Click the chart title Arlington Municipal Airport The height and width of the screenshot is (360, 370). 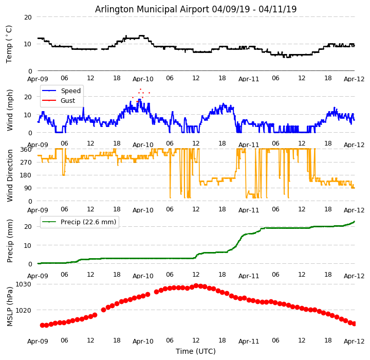(196, 9)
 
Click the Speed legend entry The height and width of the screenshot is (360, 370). (70, 91)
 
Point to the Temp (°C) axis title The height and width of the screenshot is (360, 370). (9, 44)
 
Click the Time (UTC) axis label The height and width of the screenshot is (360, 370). (196, 351)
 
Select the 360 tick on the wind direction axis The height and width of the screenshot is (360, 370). (26, 149)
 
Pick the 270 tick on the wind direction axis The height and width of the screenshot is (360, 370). (26, 162)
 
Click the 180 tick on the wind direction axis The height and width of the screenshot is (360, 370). (26, 175)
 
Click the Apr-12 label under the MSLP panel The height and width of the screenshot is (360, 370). (354, 341)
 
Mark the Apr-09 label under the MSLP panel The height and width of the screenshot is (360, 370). (38, 341)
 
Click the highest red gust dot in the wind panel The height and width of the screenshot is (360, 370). (140, 89)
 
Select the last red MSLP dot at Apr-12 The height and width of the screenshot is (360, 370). (354, 323)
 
